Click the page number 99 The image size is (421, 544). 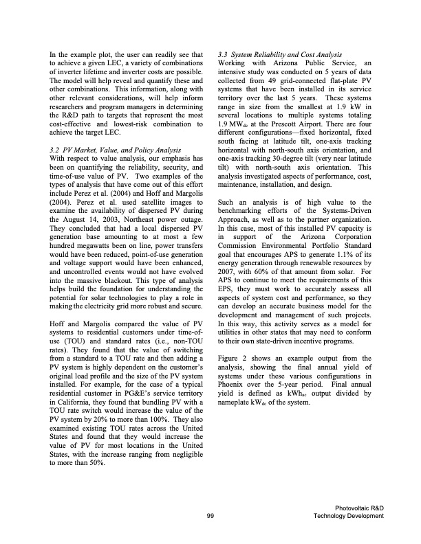click(210, 516)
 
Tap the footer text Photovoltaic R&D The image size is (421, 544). click(358, 507)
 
